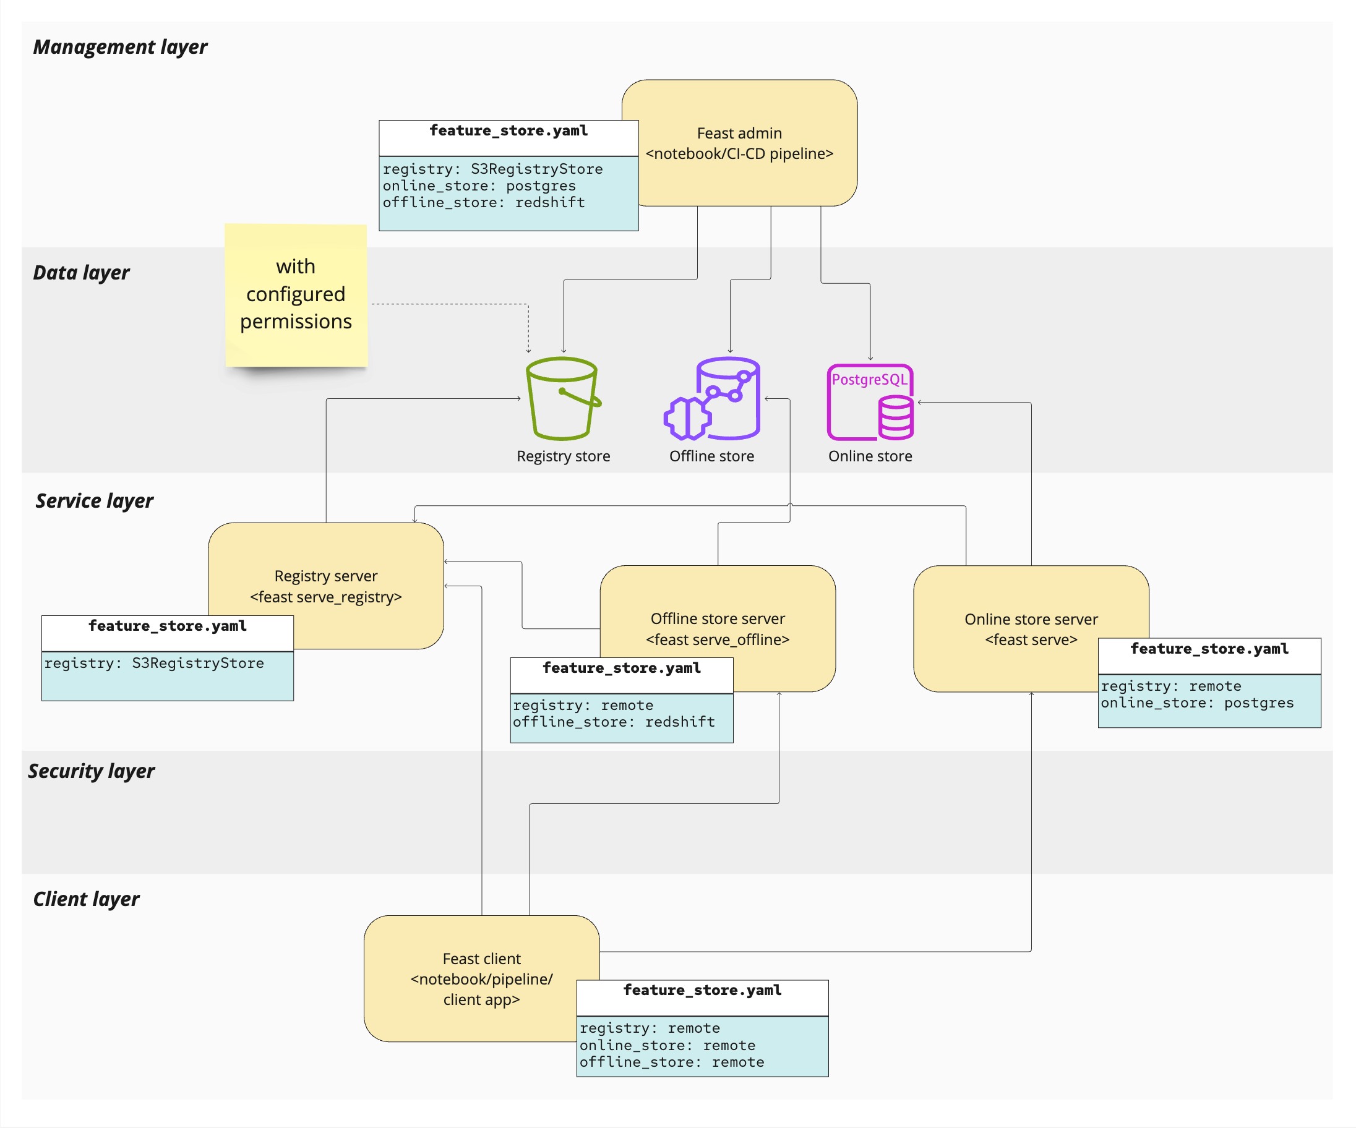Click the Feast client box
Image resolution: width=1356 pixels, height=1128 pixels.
[481, 978]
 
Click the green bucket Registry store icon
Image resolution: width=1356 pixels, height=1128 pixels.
[562, 398]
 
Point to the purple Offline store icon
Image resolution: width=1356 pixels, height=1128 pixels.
[713, 398]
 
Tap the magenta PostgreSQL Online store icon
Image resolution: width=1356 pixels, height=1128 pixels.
[870, 401]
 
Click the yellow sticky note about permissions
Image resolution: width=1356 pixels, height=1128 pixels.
[296, 294]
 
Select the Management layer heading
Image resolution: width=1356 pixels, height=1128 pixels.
[120, 47]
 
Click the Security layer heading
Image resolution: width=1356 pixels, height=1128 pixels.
[91, 771]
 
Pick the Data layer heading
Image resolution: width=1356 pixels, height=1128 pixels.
[82, 273]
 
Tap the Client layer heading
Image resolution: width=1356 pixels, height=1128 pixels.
[86, 899]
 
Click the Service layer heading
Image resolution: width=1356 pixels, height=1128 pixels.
[94, 500]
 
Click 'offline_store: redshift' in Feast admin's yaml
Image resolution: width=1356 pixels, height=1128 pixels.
[484, 203]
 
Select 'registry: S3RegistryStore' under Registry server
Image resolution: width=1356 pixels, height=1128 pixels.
[154, 663]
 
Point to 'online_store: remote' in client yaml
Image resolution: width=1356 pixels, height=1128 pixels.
[667, 1045]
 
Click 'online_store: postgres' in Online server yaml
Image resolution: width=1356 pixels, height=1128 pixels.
[1197, 703]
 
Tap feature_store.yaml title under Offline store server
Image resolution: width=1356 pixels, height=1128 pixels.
[621, 669]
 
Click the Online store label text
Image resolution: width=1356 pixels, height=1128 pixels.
[870, 456]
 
